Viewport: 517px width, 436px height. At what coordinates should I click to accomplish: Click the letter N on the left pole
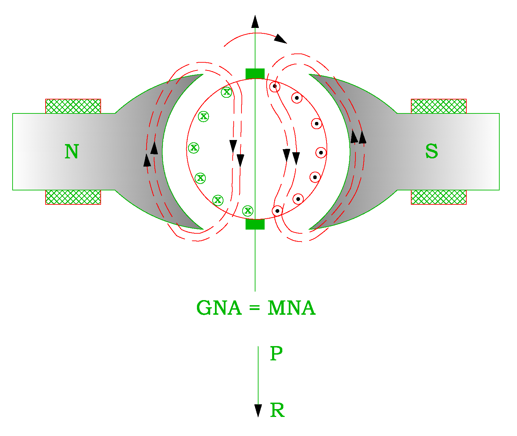[x=72, y=152]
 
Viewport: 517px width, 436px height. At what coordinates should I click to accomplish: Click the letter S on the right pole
[x=432, y=152]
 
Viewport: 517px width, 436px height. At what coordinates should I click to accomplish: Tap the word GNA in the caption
[x=219, y=308]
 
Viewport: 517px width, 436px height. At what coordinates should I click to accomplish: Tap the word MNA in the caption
[x=291, y=308]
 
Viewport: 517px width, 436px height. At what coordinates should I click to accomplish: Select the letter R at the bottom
[x=277, y=410]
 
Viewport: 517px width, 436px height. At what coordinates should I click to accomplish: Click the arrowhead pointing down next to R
[x=258, y=410]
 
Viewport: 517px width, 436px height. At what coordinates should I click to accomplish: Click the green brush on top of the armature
[x=255, y=74]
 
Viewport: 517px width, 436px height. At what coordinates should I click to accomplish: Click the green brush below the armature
[x=255, y=224]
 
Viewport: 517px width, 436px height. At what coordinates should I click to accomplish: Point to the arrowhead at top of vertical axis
[x=255, y=21]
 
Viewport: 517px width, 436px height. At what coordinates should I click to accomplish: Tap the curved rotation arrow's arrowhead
[x=280, y=39]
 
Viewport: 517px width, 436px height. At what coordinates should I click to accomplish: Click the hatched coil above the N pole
[x=73, y=106]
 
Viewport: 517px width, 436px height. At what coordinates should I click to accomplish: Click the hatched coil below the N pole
[x=73, y=197]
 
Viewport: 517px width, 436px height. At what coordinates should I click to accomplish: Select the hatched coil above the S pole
[x=438, y=106]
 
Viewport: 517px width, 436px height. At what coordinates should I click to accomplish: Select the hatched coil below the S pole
[x=438, y=197]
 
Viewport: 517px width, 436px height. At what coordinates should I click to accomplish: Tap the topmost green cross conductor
[x=227, y=92]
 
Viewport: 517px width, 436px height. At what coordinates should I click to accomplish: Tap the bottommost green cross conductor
[x=248, y=211]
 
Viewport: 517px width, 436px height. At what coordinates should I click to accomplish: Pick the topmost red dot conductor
[x=275, y=87]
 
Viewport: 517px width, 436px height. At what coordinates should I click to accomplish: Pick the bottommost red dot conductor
[x=278, y=211]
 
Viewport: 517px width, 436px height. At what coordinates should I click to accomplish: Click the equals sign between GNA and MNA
[x=254, y=308]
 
